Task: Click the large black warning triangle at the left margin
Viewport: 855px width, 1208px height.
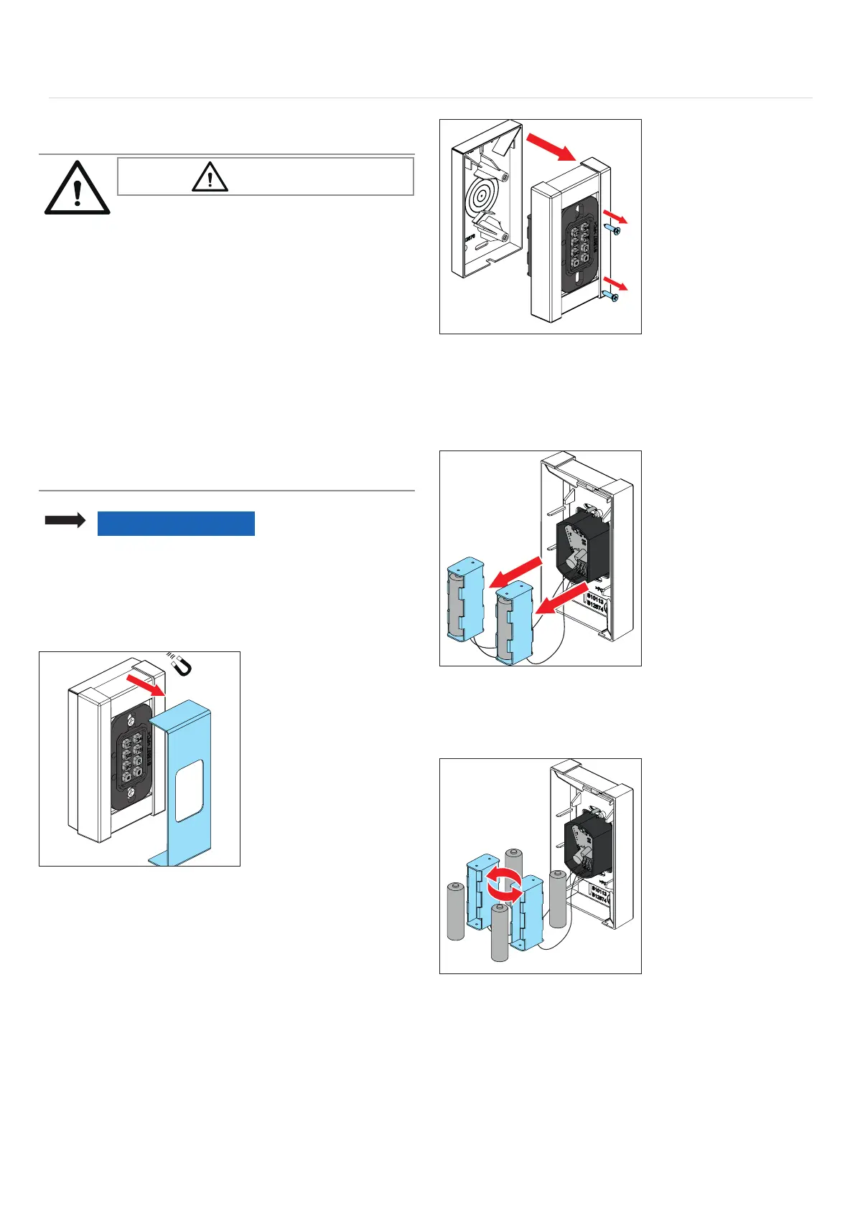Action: tap(78, 188)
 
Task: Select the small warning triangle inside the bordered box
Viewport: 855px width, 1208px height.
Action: tap(210, 176)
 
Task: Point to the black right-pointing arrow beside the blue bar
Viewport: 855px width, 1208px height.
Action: tap(65, 522)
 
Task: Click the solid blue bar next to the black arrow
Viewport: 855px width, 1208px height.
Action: tap(176, 523)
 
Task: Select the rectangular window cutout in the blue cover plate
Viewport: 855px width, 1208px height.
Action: tap(190, 791)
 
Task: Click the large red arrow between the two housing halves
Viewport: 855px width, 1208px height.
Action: tap(551, 147)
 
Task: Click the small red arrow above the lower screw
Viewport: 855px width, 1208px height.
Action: tap(615, 281)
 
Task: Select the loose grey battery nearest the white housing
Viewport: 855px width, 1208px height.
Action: tap(559, 897)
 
